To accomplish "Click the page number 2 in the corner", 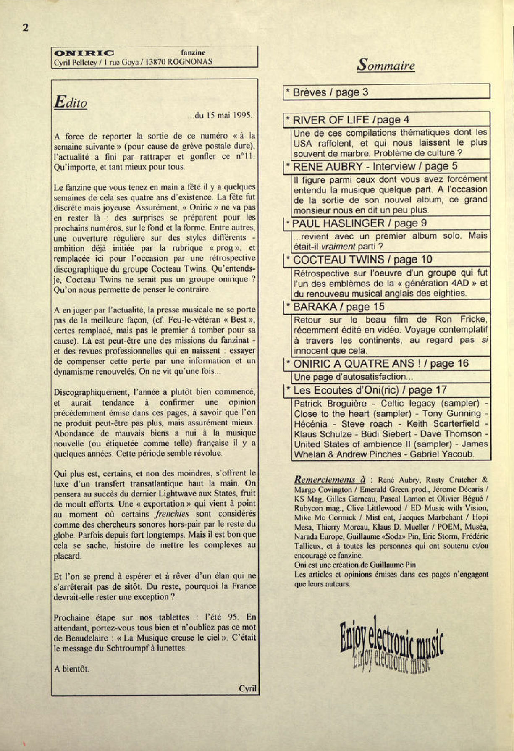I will coord(26,28).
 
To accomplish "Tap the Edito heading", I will coord(71,102).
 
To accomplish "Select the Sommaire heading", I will coord(386,65).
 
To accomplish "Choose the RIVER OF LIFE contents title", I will coord(351,120).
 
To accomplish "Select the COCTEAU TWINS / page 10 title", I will coord(363,259).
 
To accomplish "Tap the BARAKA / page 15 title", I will coord(338,307).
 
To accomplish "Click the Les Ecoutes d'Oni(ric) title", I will coord(370,390).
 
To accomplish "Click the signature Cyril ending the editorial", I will coord(247,689).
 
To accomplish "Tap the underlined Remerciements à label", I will coord(330,480).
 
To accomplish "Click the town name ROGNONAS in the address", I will coord(190,62).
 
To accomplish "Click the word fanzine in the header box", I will coord(193,53).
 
